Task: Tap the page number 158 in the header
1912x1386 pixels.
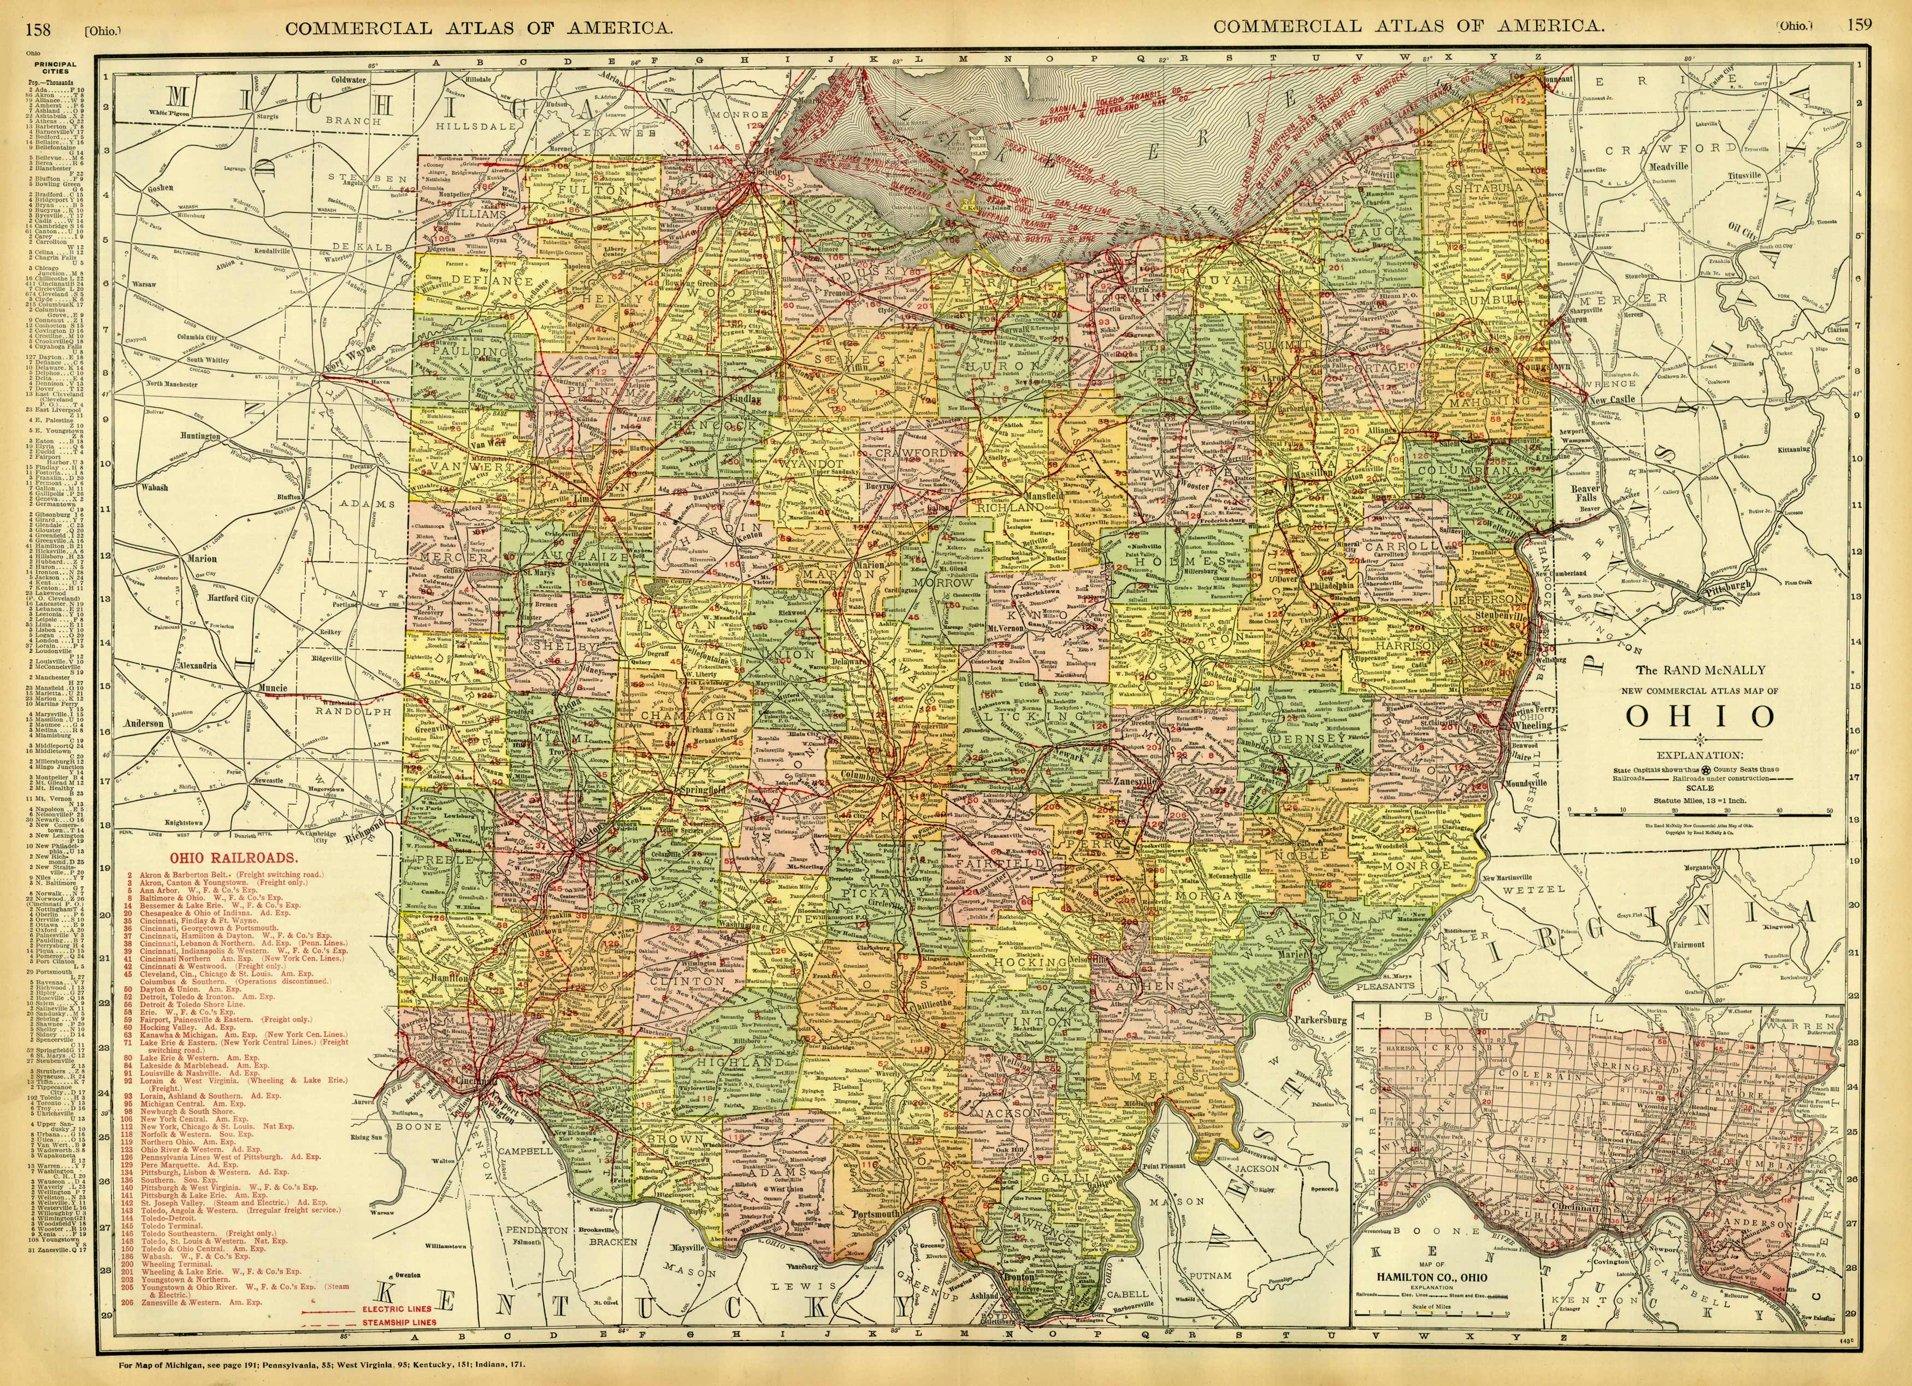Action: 38,26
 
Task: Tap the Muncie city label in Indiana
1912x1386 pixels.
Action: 272,688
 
